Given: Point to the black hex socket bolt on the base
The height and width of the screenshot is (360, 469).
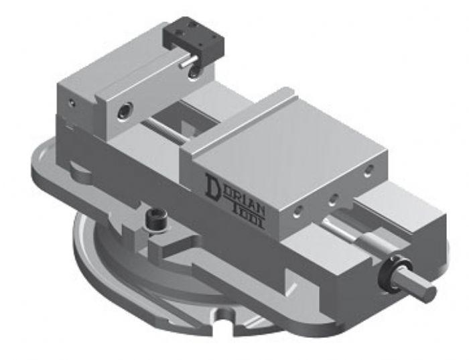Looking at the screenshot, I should (x=152, y=221).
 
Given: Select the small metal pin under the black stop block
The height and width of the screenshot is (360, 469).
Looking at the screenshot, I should (x=190, y=60).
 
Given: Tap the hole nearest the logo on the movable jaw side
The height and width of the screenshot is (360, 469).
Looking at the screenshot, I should (x=299, y=215).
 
